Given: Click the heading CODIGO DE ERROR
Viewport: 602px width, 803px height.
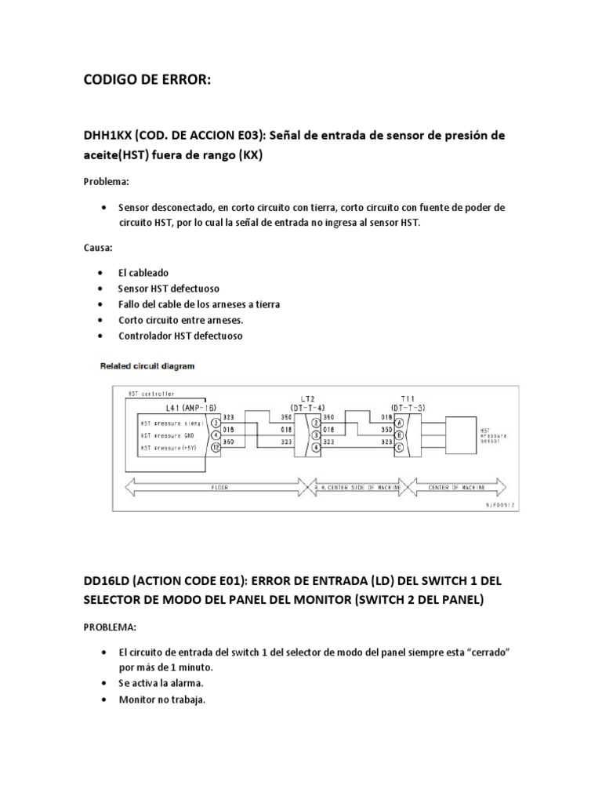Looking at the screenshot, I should tap(147, 82).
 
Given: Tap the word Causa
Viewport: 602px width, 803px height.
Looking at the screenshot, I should tap(98, 248).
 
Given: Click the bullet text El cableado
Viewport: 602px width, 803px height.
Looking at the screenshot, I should tap(143, 273).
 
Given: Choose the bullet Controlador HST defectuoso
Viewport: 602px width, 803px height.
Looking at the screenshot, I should tap(180, 336).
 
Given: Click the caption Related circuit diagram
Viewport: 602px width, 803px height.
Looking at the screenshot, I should tap(147, 365).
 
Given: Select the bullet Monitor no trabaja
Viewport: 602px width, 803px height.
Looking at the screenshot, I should tap(161, 699).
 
